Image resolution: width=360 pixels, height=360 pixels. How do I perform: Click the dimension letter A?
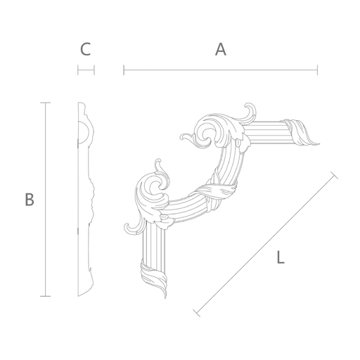pyautogui.click(x=221, y=49)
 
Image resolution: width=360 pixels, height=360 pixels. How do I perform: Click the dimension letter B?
pyautogui.click(x=30, y=200)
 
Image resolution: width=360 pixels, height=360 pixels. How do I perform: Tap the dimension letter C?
pyautogui.click(x=86, y=49)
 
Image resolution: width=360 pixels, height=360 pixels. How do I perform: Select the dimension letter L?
pyautogui.click(x=281, y=257)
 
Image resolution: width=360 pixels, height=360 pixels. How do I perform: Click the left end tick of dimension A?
pyautogui.click(x=124, y=70)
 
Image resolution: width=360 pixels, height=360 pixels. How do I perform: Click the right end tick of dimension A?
pyautogui.click(x=317, y=70)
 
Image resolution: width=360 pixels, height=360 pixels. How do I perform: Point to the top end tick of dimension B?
pyautogui.click(x=45, y=103)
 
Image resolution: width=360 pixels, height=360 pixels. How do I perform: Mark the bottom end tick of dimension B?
pyautogui.click(x=45, y=296)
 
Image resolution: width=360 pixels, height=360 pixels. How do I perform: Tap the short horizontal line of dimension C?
pyautogui.click(x=86, y=70)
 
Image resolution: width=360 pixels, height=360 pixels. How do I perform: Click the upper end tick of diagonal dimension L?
pyautogui.click(x=334, y=175)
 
